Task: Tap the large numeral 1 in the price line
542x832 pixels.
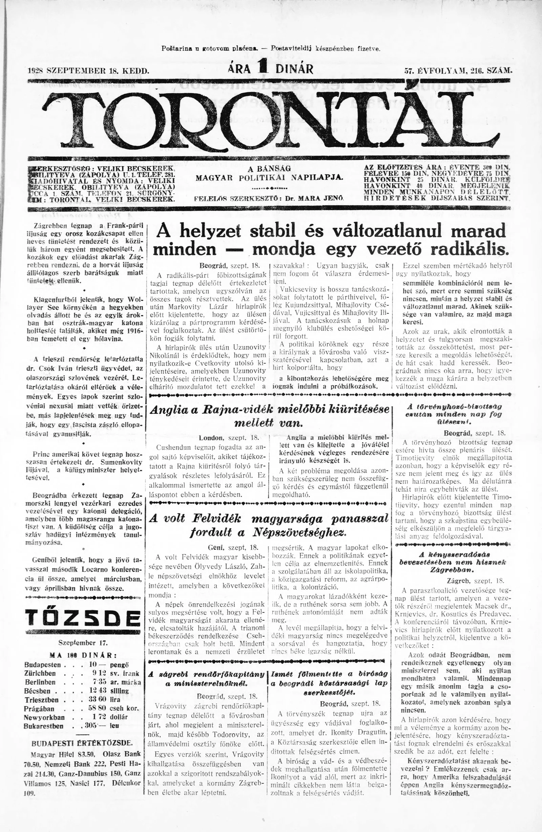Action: coord(260,65)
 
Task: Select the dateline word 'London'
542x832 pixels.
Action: coord(211,437)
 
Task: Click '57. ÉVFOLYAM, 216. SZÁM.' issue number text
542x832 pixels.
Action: coord(457,70)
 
